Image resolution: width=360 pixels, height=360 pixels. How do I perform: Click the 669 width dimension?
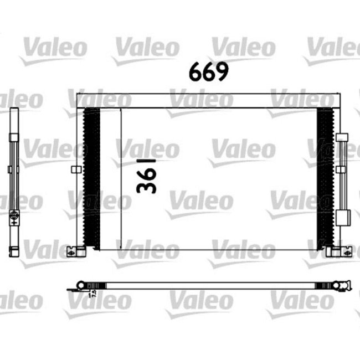click(x=208, y=72)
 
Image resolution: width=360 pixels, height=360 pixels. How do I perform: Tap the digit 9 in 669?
click(x=221, y=72)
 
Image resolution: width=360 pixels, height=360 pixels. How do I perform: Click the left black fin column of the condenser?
click(x=91, y=177)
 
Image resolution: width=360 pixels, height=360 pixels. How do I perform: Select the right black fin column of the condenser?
click(x=325, y=177)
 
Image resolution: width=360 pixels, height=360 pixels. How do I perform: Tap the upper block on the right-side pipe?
click(x=342, y=138)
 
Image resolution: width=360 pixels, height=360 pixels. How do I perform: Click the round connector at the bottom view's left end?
click(x=81, y=286)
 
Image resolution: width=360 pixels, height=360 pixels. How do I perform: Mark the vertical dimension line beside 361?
click(x=121, y=177)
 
